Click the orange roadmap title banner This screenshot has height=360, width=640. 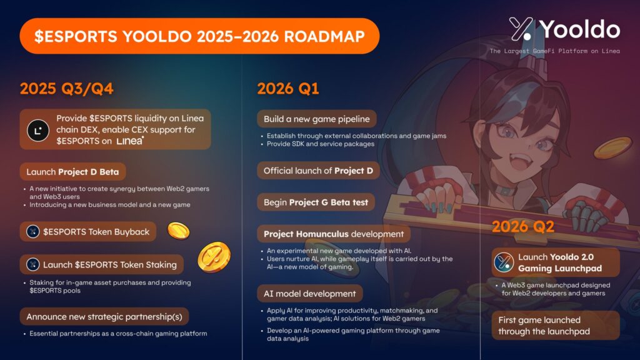pos(199,36)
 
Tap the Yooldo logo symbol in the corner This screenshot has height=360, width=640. pos(521,29)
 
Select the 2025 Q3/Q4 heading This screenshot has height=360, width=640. pos(66,89)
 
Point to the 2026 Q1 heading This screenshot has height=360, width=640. pos(287,89)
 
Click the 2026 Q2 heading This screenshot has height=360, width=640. pos(523,226)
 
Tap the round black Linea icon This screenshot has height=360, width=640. pos(38,131)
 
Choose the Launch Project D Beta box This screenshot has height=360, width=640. pos(72,172)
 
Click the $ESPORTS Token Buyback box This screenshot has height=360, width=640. pos(87,232)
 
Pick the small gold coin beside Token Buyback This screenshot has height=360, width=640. pos(178,231)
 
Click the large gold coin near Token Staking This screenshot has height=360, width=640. pos(214,257)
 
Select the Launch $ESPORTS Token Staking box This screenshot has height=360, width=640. pos(102,264)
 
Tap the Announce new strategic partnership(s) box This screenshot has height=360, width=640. pos(104,317)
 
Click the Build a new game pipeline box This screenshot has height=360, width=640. pos(317,119)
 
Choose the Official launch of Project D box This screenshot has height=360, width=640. pos(318,171)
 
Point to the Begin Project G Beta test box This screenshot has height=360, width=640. pos(316,202)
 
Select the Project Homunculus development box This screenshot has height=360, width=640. pos(334,234)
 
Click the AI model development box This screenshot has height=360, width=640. pos(310,294)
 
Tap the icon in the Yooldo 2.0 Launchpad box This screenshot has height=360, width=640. pos(504,262)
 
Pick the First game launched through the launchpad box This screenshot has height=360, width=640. pos(556,326)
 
